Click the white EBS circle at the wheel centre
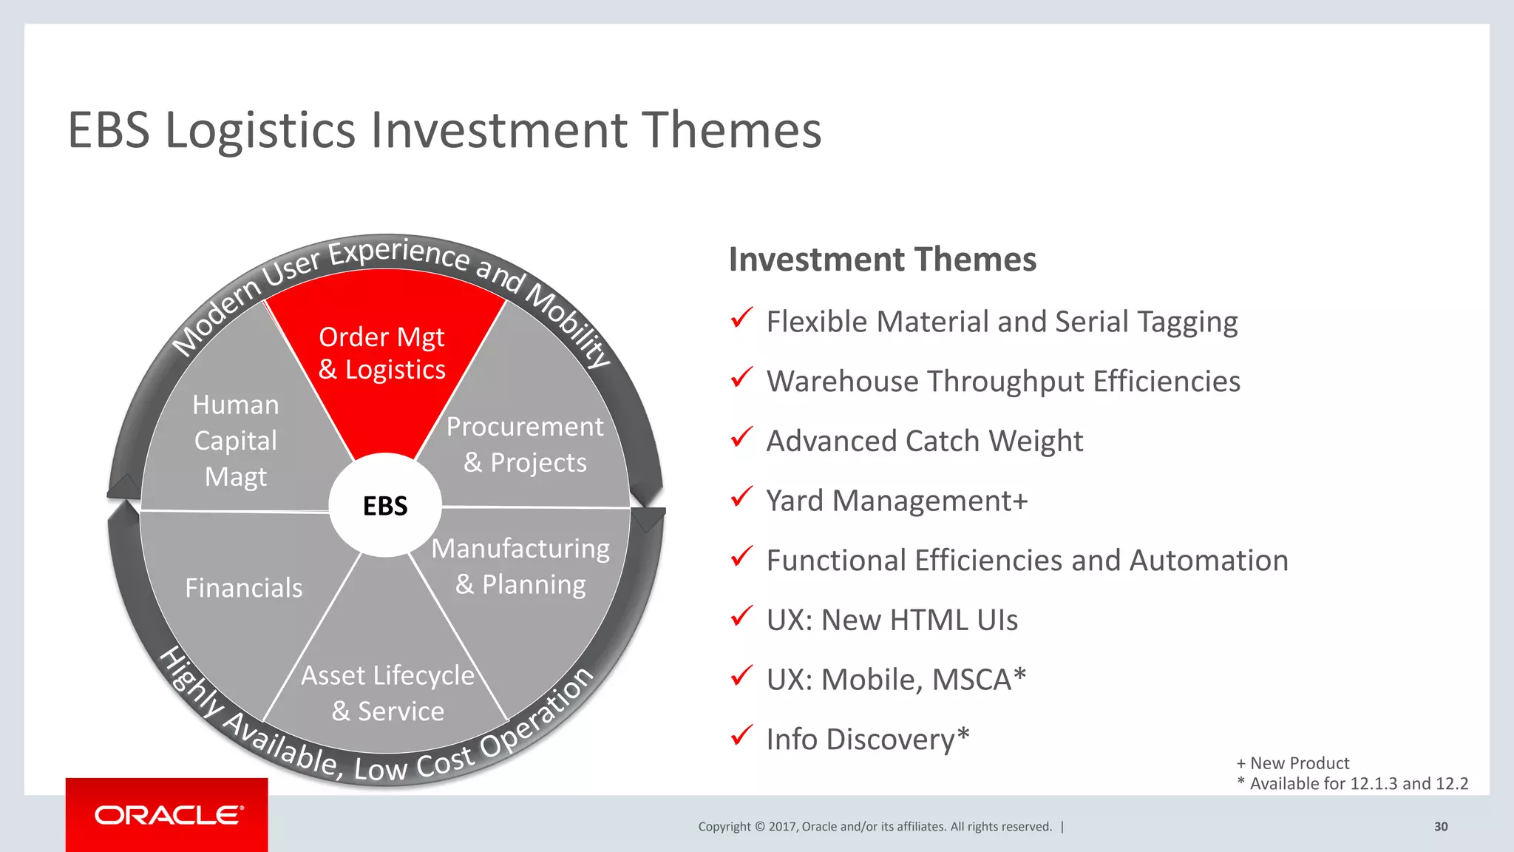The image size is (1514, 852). tap(385, 505)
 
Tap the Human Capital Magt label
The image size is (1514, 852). tap(236, 441)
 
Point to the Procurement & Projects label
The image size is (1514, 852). tap(525, 444)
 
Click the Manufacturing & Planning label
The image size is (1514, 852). tap(520, 567)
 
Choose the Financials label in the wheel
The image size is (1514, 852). tap(244, 588)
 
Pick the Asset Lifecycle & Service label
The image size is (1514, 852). tap(387, 693)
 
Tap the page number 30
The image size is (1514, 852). tap(1441, 827)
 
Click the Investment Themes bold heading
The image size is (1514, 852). tap(883, 260)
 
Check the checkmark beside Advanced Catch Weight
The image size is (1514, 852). tap(741, 438)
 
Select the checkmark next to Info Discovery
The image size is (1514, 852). tap(741, 736)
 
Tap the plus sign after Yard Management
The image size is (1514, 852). tap(1020, 501)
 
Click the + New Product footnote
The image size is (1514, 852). tap(1293, 763)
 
